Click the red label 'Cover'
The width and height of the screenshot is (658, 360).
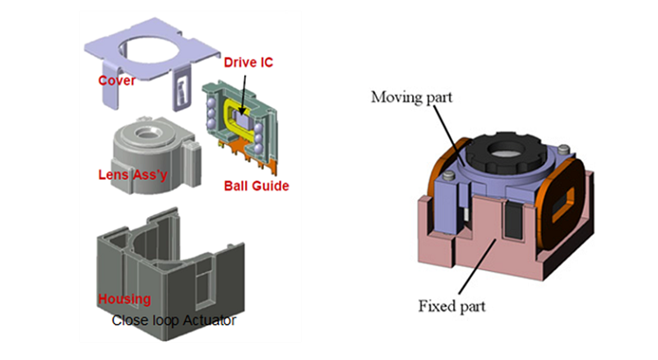[x=116, y=81]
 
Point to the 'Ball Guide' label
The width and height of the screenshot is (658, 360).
[x=257, y=187]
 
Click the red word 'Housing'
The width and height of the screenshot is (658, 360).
[x=123, y=299]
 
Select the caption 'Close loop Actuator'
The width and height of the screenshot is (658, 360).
[x=174, y=319]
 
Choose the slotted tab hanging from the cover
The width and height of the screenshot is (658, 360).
[x=179, y=93]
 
